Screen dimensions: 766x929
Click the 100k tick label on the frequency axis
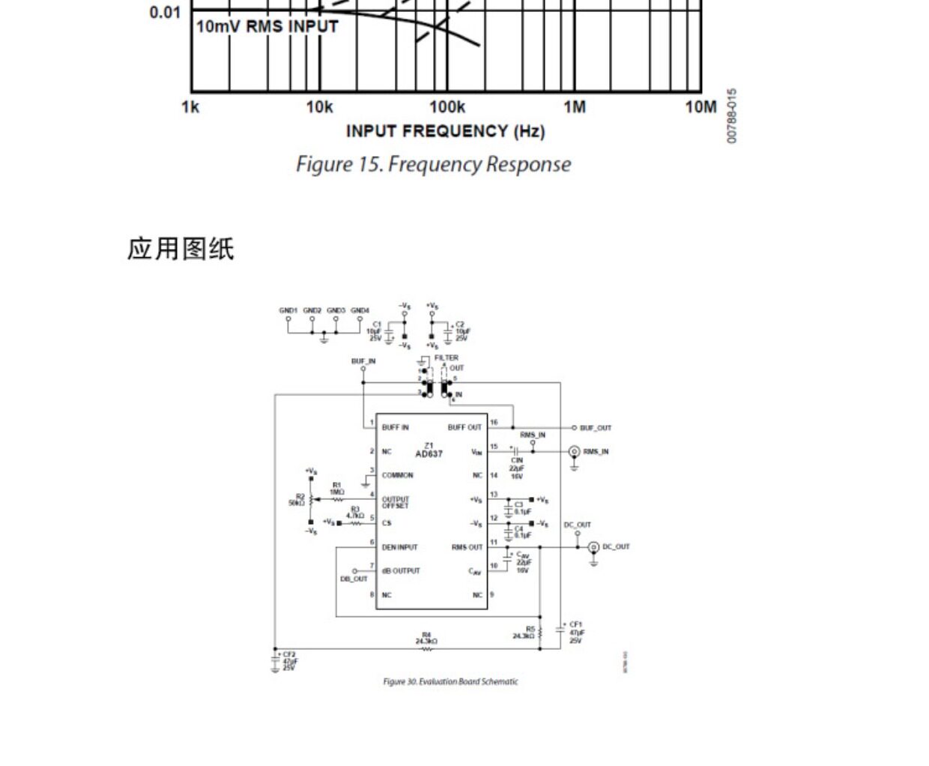click(x=447, y=106)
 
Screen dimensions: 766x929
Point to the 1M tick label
click(x=575, y=106)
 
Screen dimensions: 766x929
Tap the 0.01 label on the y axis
click(x=165, y=12)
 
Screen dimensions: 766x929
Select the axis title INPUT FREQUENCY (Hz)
click(x=445, y=131)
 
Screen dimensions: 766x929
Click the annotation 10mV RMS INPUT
click(x=267, y=27)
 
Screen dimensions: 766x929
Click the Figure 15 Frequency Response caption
click(x=433, y=164)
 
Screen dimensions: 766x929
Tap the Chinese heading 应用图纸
click(x=181, y=248)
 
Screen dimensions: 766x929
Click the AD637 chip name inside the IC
click(x=429, y=453)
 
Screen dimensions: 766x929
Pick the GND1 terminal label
click(x=288, y=310)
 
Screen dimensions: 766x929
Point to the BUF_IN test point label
click(x=363, y=361)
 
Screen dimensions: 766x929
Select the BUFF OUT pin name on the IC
click(x=465, y=427)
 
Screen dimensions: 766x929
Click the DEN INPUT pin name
click(x=399, y=547)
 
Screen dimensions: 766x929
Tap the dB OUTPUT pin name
click(x=401, y=570)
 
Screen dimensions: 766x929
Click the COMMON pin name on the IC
click(x=397, y=475)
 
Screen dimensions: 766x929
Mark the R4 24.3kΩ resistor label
click(x=426, y=639)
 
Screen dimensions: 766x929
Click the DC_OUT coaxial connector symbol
click(x=593, y=547)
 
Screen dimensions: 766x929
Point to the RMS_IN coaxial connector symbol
click(x=574, y=452)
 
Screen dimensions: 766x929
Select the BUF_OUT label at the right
click(x=596, y=428)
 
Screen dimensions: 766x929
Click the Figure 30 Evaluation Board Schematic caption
click(x=450, y=681)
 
